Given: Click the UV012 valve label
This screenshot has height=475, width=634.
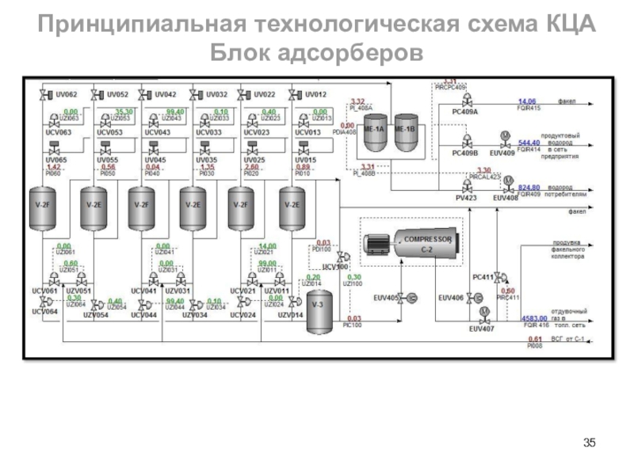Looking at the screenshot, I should [x=315, y=94].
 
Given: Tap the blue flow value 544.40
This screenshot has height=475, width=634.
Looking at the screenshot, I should [x=529, y=142].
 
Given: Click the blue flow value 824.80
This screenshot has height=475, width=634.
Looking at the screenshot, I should [x=529, y=188].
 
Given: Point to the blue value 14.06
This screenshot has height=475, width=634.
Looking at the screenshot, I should [x=527, y=101].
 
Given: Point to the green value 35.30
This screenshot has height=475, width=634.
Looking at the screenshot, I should [x=124, y=112].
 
